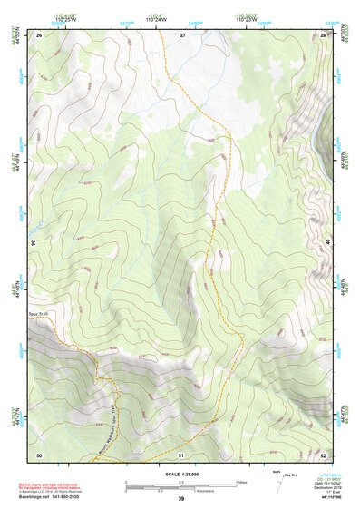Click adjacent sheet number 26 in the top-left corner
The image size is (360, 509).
(x=40, y=34)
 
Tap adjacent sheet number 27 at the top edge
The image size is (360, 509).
(x=181, y=34)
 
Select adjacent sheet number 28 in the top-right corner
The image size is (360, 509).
(x=322, y=34)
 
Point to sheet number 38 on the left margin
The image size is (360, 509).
(x=33, y=242)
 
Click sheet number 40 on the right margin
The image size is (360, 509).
(x=328, y=242)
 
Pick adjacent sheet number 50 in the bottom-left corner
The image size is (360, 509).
(x=39, y=454)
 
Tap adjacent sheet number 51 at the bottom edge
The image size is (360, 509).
(x=181, y=454)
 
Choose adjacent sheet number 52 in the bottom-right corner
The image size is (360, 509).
(x=322, y=454)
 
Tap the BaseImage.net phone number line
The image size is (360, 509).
(x=54, y=498)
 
